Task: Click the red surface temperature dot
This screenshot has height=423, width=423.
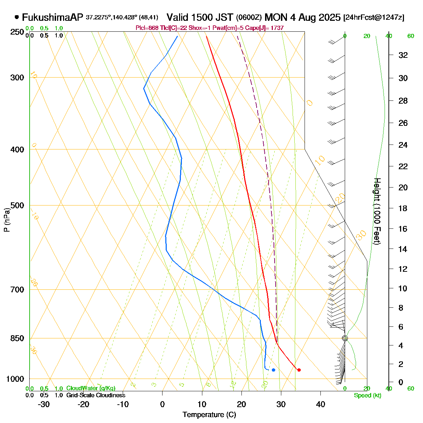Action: (299, 370)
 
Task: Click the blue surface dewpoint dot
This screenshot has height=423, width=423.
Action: (273, 370)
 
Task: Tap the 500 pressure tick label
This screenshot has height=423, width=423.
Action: (18, 206)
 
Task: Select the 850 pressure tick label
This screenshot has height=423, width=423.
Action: (18, 338)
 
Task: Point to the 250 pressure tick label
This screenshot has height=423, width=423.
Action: (18, 32)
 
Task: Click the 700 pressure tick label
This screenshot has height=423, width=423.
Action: (18, 290)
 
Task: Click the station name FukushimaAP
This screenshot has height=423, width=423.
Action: (52, 17)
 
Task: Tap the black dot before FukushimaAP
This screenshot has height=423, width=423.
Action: (17, 17)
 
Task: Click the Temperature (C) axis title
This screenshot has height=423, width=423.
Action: (209, 415)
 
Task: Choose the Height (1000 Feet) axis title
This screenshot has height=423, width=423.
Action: (377, 211)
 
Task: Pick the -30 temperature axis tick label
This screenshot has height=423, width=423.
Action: (43, 404)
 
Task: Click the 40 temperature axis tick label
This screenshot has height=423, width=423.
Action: (320, 404)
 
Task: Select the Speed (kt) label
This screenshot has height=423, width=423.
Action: (368, 396)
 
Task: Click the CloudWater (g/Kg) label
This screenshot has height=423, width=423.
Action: (91, 388)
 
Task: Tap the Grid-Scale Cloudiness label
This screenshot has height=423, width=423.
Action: (96, 396)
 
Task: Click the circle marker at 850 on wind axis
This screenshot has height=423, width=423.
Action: (345, 338)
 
